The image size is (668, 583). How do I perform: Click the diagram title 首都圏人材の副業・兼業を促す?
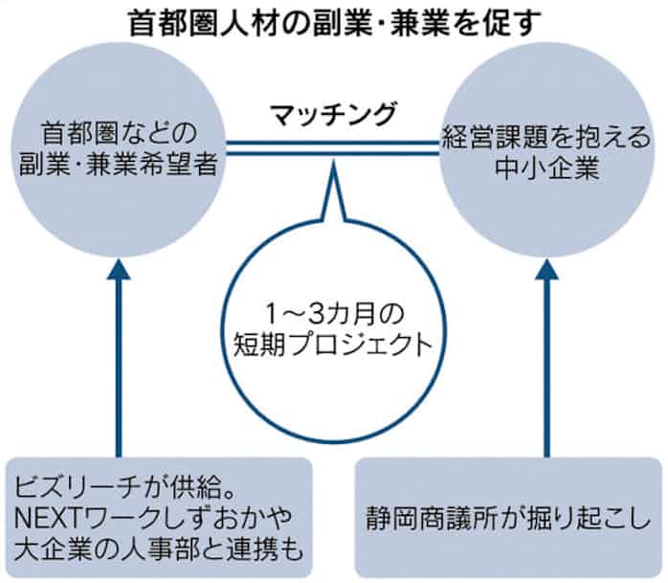[333, 21]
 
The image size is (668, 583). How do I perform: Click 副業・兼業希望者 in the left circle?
[119, 166]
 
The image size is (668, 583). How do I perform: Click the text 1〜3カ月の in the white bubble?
[332, 313]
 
